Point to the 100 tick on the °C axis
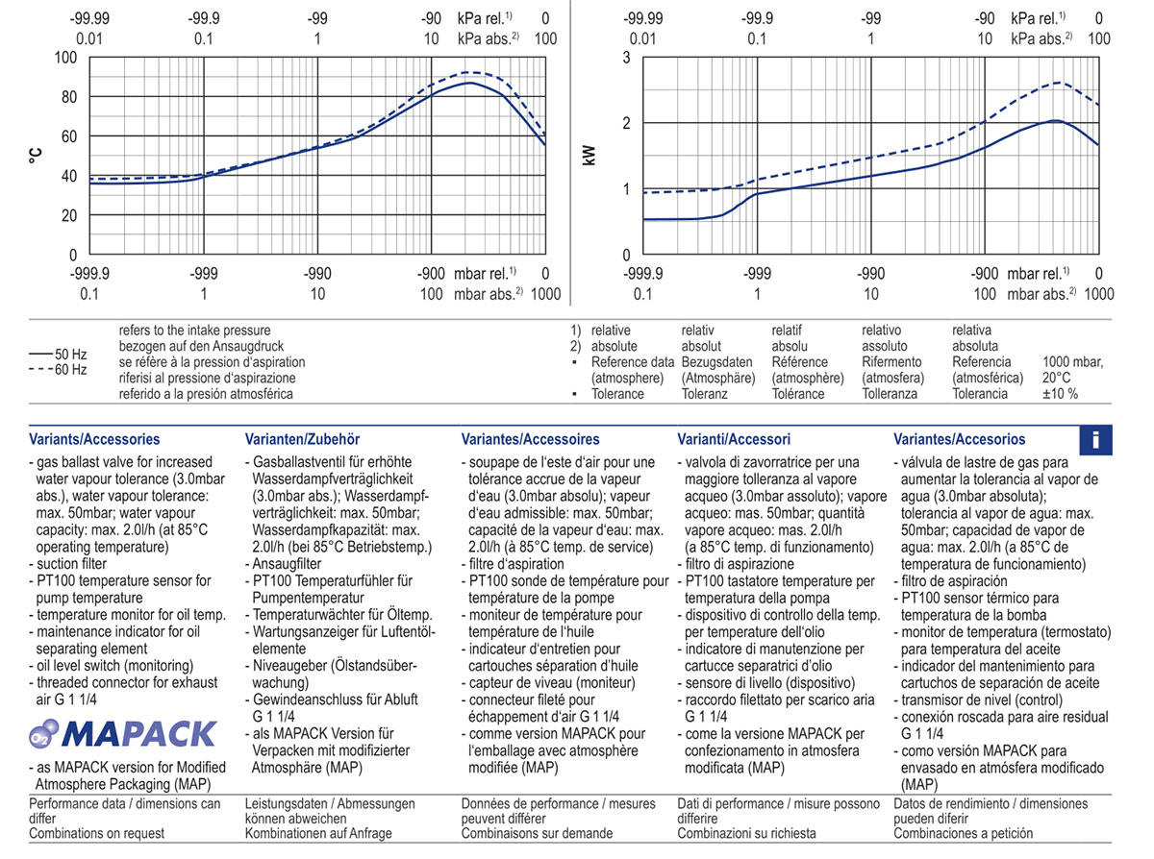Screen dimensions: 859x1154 click(65, 57)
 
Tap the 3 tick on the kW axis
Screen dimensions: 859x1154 click(626, 57)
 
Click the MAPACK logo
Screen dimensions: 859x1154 click(122, 735)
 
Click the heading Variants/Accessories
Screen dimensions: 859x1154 click(95, 439)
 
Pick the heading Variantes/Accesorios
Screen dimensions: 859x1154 click(959, 439)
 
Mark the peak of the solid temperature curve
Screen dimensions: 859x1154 click(469, 83)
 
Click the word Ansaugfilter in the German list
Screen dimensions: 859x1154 click(287, 564)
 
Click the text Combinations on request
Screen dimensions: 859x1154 click(97, 833)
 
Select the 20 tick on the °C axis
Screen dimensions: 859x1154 click(69, 215)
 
